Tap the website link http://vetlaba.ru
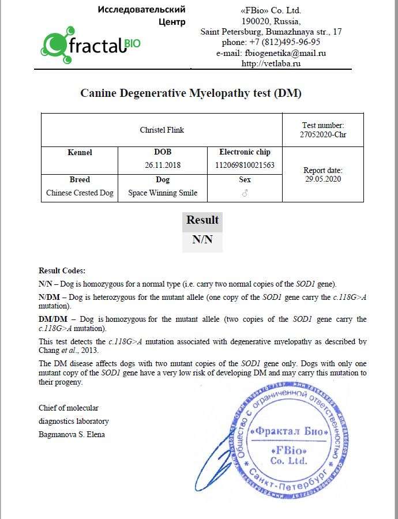pyautogui.click(x=271, y=63)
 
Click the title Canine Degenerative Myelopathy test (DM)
pyautogui.click(x=191, y=93)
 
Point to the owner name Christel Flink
pyautogui.click(x=162, y=130)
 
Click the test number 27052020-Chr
pyautogui.click(x=323, y=135)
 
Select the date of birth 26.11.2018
pyautogui.click(x=162, y=165)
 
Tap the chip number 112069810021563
pyautogui.click(x=245, y=165)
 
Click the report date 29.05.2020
pyautogui.click(x=323, y=179)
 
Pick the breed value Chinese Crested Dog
pyautogui.click(x=80, y=193)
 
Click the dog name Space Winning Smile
pyautogui.click(x=162, y=193)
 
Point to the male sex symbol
pyautogui.click(x=245, y=193)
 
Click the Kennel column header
pyautogui.click(x=80, y=152)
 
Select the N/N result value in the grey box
pyautogui.click(x=202, y=240)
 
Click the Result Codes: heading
pyautogui.click(x=62, y=270)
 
